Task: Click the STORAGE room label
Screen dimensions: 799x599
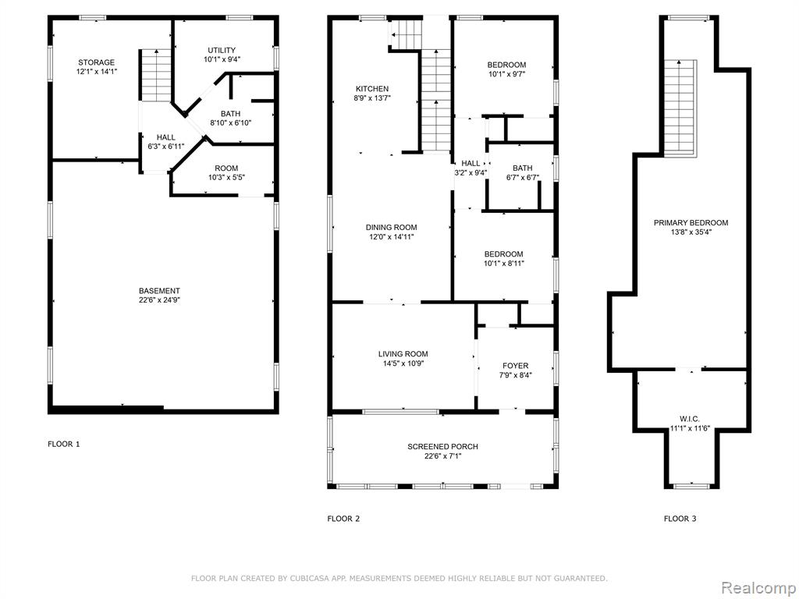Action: click(x=96, y=62)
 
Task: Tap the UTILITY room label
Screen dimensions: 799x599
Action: click(x=222, y=50)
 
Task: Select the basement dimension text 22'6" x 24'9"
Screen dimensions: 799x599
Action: click(x=159, y=300)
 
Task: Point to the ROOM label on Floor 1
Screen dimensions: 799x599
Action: click(x=226, y=168)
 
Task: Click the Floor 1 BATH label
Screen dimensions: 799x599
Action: click(x=230, y=114)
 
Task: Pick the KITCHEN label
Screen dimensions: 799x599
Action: click(x=372, y=89)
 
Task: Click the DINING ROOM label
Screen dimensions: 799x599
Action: click(x=392, y=227)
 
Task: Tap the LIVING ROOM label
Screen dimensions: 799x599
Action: click(x=403, y=354)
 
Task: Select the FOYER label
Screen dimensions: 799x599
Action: click(x=515, y=366)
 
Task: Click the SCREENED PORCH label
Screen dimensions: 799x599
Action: click(x=443, y=447)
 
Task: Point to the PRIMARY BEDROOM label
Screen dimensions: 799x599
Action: click(x=691, y=222)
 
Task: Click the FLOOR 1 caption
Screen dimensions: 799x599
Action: click(x=64, y=444)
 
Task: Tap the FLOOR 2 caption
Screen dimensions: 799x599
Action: click(x=343, y=519)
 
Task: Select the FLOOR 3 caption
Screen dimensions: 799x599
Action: click(x=680, y=519)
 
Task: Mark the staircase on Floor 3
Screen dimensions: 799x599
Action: click(x=680, y=108)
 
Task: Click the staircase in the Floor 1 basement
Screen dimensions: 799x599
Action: click(x=155, y=76)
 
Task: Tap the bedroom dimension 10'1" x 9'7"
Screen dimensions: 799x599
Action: click(x=506, y=74)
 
